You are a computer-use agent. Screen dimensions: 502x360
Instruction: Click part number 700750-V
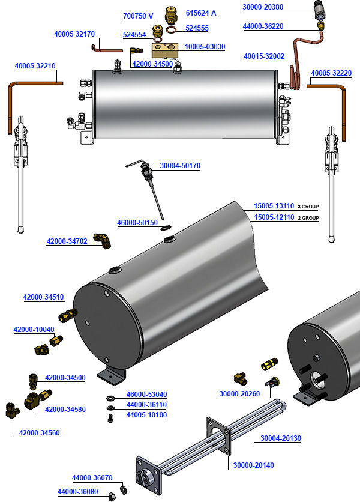click(139, 16)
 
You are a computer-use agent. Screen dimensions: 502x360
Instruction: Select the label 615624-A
click(201, 13)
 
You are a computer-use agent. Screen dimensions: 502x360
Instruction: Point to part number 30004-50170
click(180, 166)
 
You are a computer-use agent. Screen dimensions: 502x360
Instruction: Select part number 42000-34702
click(67, 241)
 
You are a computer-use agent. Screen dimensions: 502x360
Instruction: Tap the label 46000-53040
click(146, 395)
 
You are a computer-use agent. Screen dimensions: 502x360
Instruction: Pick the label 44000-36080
click(77, 492)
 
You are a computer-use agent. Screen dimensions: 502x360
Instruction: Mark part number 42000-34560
click(40, 432)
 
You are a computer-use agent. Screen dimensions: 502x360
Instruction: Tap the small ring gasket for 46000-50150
click(168, 226)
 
